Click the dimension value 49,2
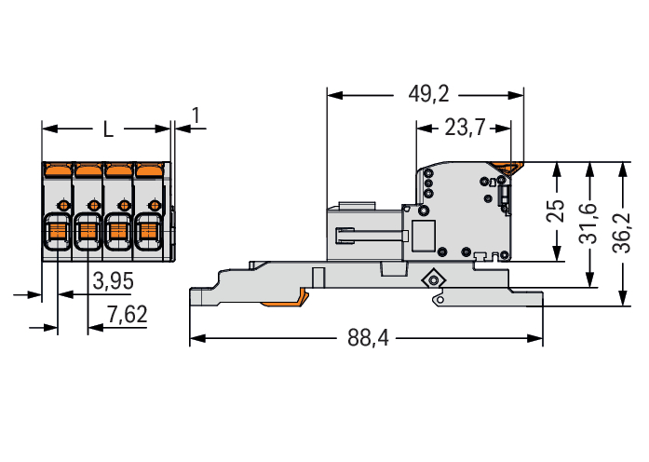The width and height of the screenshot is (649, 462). [428, 94]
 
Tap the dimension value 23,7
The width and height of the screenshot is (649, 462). [465, 129]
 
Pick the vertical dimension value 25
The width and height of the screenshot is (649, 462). [555, 211]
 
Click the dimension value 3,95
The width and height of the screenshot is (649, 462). [114, 279]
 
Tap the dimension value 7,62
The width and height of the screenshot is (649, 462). [127, 315]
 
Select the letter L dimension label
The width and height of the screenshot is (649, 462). [108, 129]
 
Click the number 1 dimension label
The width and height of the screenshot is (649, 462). [196, 115]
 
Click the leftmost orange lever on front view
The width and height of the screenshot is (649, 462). [58, 170]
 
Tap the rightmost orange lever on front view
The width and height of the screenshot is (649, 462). [148, 170]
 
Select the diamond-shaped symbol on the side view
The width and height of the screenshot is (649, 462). [431, 280]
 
